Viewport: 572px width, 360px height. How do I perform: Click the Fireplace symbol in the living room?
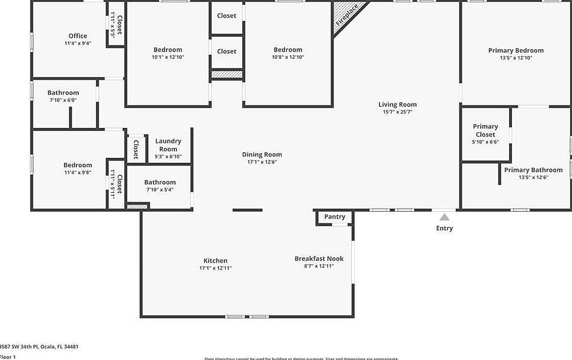(347, 18)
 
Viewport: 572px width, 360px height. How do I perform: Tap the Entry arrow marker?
(445, 217)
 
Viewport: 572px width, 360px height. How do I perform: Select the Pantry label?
(335, 217)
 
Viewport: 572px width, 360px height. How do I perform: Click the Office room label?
(78, 36)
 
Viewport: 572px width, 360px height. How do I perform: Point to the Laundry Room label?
(168, 145)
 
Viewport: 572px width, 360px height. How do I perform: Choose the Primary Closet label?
(485, 130)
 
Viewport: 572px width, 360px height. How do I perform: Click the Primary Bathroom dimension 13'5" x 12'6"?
(533, 178)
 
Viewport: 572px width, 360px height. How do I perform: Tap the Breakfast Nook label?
(319, 258)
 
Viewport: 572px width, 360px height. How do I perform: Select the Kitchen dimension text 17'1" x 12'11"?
(215, 268)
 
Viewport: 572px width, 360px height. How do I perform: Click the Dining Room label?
(262, 154)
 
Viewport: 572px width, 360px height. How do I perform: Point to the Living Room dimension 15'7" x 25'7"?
(398, 112)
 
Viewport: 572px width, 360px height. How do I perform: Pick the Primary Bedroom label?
(516, 51)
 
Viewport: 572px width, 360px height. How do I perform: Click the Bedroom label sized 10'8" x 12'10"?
(288, 50)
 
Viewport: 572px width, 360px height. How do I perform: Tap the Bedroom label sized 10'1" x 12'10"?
(168, 50)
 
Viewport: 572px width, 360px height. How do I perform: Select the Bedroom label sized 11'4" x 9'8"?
(78, 165)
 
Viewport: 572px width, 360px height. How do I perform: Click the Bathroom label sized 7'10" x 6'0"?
(63, 92)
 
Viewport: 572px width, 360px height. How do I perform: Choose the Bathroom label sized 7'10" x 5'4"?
(160, 182)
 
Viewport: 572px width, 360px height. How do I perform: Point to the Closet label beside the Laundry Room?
(136, 149)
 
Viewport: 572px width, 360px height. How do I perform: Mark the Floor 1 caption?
(8, 356)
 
